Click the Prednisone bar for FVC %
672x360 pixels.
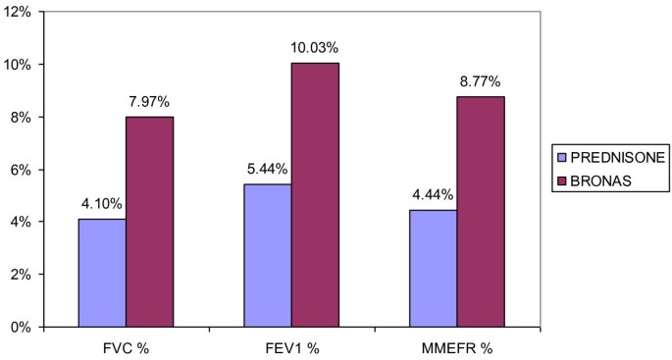tap(102, 272)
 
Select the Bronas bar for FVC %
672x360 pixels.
tap(149, 221)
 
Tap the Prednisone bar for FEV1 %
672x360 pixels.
tap(267, 254)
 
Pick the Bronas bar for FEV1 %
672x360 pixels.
tap(314, 194)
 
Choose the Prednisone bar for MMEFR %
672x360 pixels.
tap(432, 267)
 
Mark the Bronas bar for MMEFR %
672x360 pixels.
tap(480, 211)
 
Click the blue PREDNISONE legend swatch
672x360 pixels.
tap(561, 156)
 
